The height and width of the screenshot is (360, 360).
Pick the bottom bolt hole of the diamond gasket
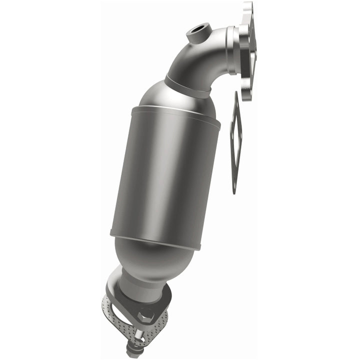tap(234, 185)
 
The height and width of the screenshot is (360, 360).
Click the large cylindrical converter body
tap(165, 175)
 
